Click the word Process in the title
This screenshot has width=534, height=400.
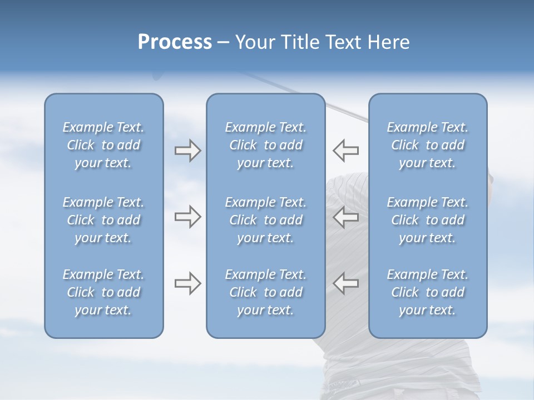coord(175,42)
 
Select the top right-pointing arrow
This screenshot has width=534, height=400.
coord(187,151)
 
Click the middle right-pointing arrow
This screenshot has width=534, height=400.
coord(187,217)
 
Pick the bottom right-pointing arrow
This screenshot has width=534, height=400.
coord(187,283)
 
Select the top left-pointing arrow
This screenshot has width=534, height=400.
coord(346,151)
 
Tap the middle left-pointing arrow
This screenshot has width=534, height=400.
coord(346,217)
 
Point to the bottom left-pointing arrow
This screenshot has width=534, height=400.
coord(346,283)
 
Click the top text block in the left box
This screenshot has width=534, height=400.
coord(103,145)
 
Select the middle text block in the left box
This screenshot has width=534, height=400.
coord(103,220)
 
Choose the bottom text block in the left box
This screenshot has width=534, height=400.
coord(103,292)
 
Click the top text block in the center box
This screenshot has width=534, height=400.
coord(265,145)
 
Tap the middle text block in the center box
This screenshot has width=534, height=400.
coord(265,220)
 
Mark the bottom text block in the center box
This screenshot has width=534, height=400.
coord(265,292)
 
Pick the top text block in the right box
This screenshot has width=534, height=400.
coord(427,145)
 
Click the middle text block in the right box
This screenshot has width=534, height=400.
coord(427,220)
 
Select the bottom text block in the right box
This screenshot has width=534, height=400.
coord(427,292)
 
